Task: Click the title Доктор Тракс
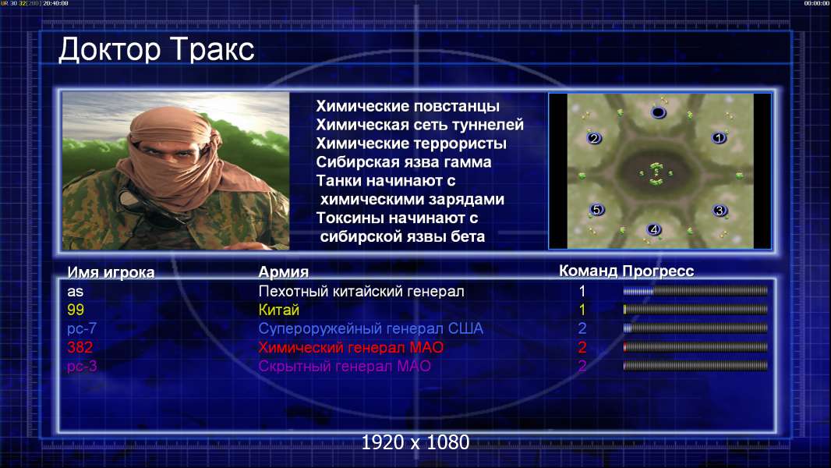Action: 157,50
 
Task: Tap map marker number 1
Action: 719,138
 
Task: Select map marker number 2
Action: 594,138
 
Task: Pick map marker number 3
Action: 720,211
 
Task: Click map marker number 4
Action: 654,229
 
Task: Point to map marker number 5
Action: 597,209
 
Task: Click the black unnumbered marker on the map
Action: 658,112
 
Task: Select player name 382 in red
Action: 80,348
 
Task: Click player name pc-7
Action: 82,328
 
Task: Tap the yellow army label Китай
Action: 279,310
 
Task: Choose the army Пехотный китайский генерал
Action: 362,291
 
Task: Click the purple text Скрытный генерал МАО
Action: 345,367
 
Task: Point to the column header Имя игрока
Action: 111,272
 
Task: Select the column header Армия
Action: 284,272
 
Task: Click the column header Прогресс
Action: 658,271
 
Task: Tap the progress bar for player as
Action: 695,291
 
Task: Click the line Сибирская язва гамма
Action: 404,162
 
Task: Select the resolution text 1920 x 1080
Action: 415,442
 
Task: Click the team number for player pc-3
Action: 582,367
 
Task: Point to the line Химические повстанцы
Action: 408,106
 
